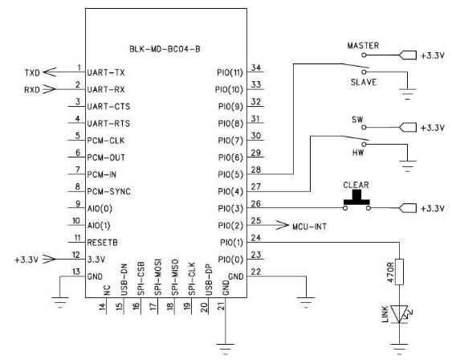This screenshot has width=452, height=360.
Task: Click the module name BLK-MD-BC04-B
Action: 165,49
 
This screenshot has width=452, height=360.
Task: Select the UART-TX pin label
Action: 106,72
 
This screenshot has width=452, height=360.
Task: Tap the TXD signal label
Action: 32,72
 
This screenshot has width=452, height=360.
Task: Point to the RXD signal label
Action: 31,90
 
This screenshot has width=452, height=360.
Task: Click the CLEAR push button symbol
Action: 356,201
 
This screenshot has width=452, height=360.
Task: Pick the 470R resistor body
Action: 399,272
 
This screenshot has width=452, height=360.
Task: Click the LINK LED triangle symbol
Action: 400,314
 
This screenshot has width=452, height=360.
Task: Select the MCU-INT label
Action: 309,227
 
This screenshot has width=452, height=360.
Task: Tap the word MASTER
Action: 363,46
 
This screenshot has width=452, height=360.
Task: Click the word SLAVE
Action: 364,82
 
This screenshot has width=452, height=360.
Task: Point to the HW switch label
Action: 358,153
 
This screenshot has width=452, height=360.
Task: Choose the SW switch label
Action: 357,120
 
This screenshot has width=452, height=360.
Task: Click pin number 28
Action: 255,170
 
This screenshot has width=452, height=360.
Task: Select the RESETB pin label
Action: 102,243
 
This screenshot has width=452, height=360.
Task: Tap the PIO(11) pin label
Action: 230,72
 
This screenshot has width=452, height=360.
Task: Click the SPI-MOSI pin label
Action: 158,277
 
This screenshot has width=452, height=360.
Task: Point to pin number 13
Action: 75,272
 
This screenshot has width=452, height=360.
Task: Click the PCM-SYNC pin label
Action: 108,191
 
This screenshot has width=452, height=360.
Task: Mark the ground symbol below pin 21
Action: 226,349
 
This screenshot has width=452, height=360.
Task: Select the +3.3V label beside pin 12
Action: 26,260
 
